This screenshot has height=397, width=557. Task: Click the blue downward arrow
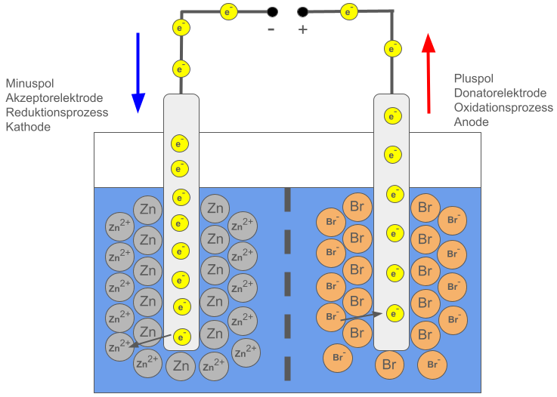coord(138,72)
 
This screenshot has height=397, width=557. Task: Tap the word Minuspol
coord(29,84)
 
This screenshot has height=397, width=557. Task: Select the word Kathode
coord(28,127)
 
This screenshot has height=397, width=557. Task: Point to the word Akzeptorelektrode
coord(54,98)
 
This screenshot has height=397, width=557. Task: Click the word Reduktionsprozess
coord(57,112)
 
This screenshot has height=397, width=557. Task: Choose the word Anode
coord(472,122)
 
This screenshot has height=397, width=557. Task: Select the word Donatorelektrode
coord(500,93)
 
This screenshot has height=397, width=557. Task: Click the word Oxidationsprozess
coord(503,107)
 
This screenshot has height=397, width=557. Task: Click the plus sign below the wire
coord(303,29)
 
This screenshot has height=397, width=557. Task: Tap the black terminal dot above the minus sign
coord(271,12)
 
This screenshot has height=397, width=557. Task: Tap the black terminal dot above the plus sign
coord(303,12)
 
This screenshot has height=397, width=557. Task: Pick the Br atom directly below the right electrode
coord(390,365)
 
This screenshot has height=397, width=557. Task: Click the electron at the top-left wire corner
coord(181,28)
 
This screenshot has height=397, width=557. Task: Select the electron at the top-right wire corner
coord(392,48)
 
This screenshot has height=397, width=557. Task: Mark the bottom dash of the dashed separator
coord(287,369)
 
